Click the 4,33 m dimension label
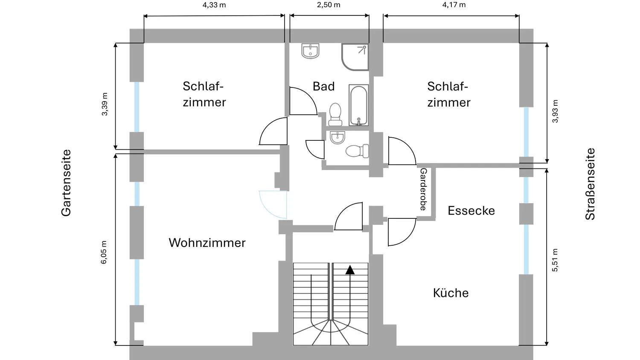point(214,5)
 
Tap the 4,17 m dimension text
point(454,5)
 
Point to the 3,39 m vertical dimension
point(105,104)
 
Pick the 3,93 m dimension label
point(555,111)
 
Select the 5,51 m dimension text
point(555,260)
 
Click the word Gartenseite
point(66,183)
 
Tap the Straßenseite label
point(590,184)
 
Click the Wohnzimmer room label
point(207,243)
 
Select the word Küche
point(451,293)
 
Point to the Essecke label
point(471,211)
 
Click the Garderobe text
point(423,189)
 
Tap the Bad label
point(323,86)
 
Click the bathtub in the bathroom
point(358,105)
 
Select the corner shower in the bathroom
point(355,57)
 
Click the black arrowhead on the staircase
point(350,270)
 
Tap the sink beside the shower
point(310,51)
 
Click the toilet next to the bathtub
point(335,114)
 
